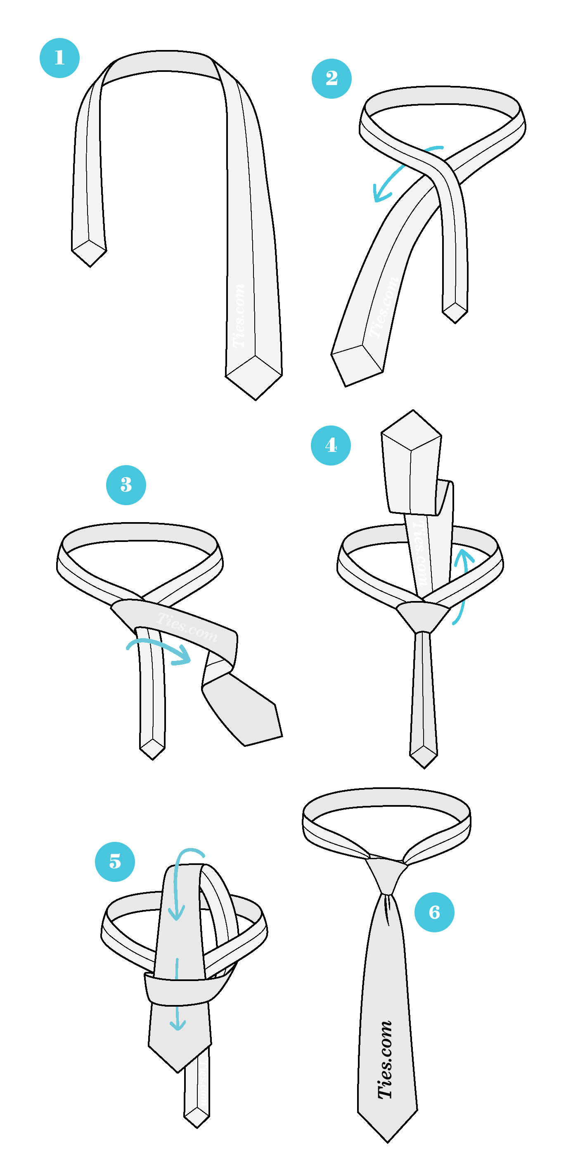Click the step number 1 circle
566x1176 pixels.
pos(59,58)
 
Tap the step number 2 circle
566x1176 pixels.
pos(332,78)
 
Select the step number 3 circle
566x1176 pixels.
pos(126,485)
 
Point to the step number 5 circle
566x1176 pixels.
pos(115,862)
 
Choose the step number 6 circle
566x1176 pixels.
pos(434,912)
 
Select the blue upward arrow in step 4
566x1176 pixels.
pos(463,580)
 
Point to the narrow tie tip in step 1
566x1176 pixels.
pos(90,253)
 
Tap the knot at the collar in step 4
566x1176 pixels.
pos(423,616)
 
